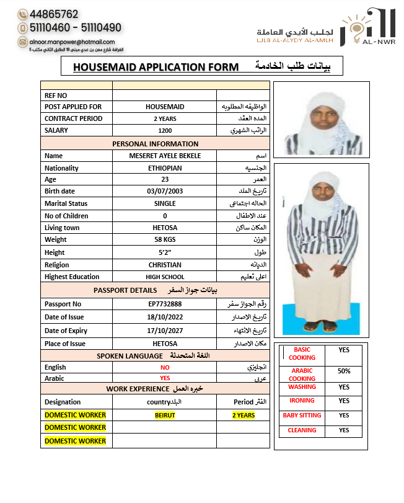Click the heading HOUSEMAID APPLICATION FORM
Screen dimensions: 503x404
[x=156, y=67]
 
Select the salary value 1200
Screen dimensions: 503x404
[x=165, y=131]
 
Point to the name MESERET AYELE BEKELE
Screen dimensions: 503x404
[x=165, y=156]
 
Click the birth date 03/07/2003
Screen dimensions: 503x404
[x=165, y=191]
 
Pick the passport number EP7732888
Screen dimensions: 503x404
[x=165, y=304]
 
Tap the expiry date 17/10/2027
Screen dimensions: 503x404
[x=165, y=331]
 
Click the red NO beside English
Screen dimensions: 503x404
[x=165, y=367]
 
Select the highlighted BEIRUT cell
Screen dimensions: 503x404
[x=165, y=415]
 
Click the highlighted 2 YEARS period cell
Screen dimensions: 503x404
[x=244, y=415]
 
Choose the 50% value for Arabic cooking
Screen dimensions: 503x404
[x=344, y=371]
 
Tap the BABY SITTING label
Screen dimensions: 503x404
[x=302, y=416]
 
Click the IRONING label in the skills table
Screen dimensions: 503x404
[x=302, y=401]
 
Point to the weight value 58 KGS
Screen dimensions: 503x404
[x=165, y=239]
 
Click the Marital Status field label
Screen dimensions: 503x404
[x=66, y=203]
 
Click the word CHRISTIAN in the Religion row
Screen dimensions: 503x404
[x=165, y=265]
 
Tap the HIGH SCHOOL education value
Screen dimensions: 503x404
[x=165, y=277]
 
